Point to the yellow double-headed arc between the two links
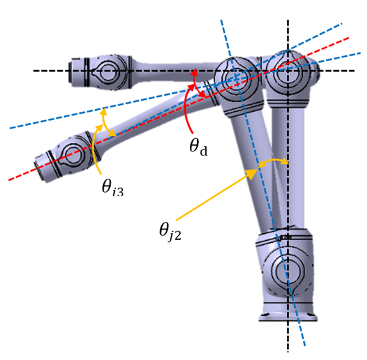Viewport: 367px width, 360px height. (272, 164)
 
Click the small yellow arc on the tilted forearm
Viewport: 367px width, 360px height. (104, 123)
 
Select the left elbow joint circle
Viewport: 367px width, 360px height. (235, 76)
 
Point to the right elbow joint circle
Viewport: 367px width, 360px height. (286, 73)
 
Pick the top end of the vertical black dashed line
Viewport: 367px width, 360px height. (288, 13)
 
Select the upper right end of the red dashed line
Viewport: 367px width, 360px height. (348, 38)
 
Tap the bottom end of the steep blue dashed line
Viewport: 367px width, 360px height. (304, 346)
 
